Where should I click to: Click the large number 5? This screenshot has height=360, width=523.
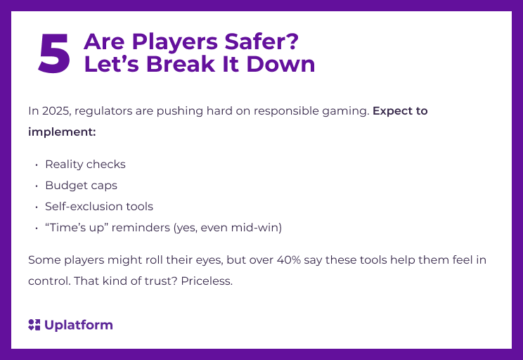click(x=54, y=53)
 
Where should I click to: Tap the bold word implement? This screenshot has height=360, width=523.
click(x=62, y=131)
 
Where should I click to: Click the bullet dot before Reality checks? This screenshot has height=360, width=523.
click(x=36, y=165)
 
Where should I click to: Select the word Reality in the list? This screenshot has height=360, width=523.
click(x=64, y=165)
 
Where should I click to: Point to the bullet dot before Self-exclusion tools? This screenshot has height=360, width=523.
click(x=36, y=207)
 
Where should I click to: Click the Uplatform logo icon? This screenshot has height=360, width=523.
click(x=34, y=325)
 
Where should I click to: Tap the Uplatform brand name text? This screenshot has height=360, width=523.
click(x=78, y=325)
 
